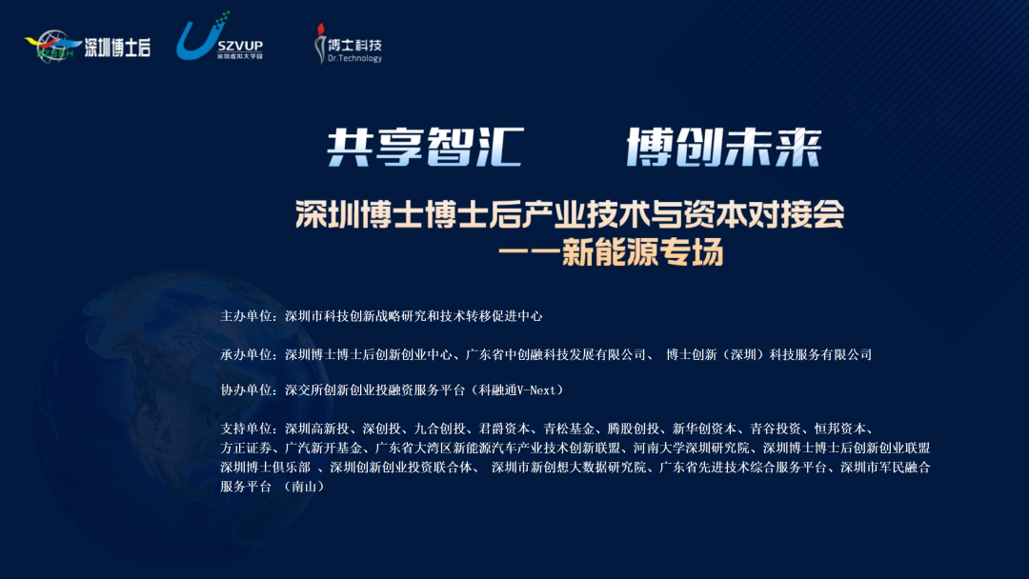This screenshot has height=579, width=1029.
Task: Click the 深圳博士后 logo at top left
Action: coord(88,46)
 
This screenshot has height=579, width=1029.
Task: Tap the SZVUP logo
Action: coord(218,39)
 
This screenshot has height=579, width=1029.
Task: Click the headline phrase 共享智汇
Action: coord(425,148)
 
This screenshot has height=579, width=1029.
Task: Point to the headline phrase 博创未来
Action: coord(723,148)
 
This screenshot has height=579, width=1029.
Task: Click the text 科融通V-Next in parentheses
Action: coord(520,390)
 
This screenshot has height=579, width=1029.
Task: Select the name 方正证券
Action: coord(247,449)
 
